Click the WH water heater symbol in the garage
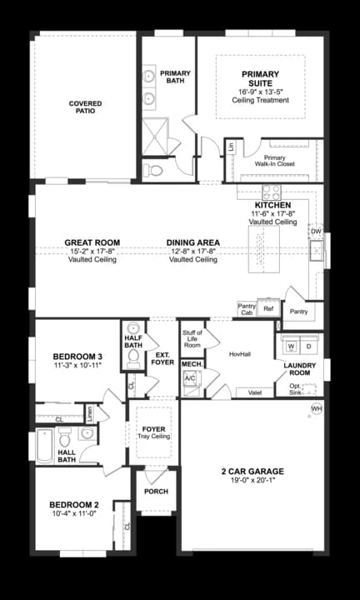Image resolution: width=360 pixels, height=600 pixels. pyautogui.click(x=316, y=408)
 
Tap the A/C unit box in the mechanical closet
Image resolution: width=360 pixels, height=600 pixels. pyautogui.click(x=190, y=377)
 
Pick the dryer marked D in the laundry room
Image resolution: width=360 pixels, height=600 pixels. pyautogui.click(x=308, y=345)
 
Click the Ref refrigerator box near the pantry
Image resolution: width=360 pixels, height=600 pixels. pyautogui.click(x=268, y=308)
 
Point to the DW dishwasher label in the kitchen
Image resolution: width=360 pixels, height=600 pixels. pyautogui.click(x=316, y=232)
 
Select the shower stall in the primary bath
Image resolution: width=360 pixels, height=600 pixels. pyautogui.click(x=154, y=137)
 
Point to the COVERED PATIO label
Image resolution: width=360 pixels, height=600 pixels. pyautogui.click(x=85, y=107)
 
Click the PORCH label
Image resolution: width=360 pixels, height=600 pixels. pyautogui.click(x=156, y=492)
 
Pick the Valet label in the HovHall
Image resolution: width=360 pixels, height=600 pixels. pyautogui.click(x=255, y=392)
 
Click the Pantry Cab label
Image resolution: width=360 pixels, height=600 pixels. pyautogui.click(x=247, y=309)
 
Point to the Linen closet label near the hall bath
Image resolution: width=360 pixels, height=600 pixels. pyautogui.click(x=90, y=412)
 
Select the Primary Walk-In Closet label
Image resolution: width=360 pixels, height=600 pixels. pyautogui.click(x=274, y=161)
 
